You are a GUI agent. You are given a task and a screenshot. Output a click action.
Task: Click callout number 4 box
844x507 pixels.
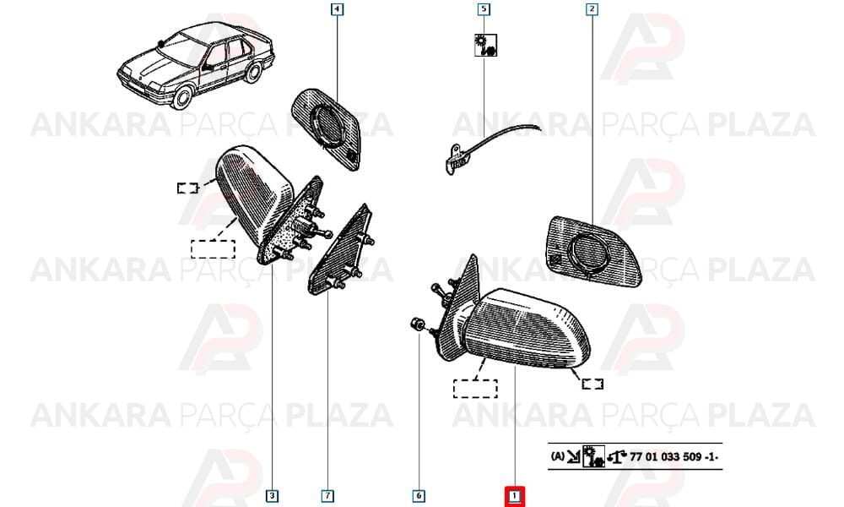pyautogui.click(x=337, y=9)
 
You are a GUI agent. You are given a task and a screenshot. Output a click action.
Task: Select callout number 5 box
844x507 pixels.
pyautogui.click(x=484, y=9)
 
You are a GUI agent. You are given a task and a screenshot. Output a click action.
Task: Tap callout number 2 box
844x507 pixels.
pyautogui.click(x=592, y=9)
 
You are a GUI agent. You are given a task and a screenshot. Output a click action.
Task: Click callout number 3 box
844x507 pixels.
pyautogui.click(x=273, y=496)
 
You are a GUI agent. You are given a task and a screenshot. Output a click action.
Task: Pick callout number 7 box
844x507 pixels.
pyautogui.click(x=327, y=496)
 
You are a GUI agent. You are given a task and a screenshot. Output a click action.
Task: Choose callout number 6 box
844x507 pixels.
pyautogui.click(x=419, y=496)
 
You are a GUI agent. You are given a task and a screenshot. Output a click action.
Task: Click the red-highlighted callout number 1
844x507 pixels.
pyautogui.click(x=515, y=496)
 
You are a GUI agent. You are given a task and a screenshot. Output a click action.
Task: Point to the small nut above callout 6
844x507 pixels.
pyautogui.click(x=417, y=324)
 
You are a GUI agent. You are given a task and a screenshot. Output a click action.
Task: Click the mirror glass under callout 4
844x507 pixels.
pyautogui.click(x=326, y=129)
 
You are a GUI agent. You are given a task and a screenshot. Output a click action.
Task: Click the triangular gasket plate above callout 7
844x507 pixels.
pyautogui.click(x=340, y=250)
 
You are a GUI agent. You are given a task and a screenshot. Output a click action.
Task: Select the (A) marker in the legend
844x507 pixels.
pyautogui.click(x=558, y=456)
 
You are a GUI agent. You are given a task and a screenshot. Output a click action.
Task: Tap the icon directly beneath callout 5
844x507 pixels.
pyautogui.click(x=485, y=46)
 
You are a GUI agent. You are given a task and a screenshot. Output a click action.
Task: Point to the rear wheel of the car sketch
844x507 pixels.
pyautogui.click(x=253, y=72)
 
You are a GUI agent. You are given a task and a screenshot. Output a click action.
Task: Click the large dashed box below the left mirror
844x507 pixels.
pyautogui.click(x=214, y=249)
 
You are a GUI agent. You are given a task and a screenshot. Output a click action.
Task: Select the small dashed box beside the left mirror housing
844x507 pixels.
pyautogui.click(x=188, y=188)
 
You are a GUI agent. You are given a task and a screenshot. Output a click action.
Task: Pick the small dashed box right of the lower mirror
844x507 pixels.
pyautogui.click(x=592, y=384)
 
